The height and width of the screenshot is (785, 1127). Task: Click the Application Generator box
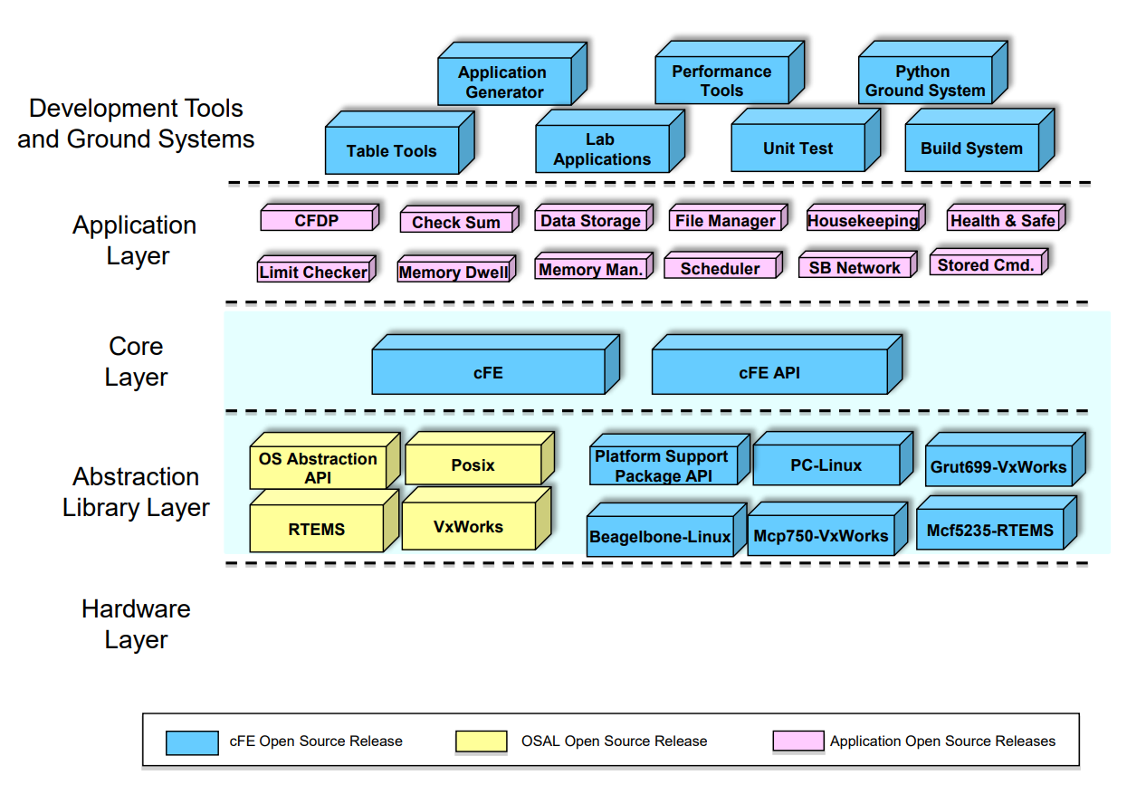(x=503, y=82)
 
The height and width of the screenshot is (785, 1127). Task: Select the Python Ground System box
(x=924, y=81)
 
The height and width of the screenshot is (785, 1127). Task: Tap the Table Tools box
(x=391, y=151)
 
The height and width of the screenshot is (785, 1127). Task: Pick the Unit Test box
(x=797, y=148)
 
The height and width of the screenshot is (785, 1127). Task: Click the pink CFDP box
(x=316, y=220)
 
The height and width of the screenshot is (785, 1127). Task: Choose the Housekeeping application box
(x=862, y=221)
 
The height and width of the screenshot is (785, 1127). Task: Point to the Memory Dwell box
(x=453, y=272)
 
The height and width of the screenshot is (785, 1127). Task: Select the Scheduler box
(x=720, y=269)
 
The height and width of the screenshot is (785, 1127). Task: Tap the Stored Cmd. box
(x=985, y=265)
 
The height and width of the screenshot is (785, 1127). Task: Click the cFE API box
(x=769, y=372)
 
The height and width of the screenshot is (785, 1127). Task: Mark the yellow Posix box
(x=473, y=465)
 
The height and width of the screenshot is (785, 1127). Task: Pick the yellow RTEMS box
(x=316, y=530)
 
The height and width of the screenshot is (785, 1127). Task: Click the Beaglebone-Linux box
(x=660, y=537)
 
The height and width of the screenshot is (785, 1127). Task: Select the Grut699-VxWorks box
(x=998, y=468)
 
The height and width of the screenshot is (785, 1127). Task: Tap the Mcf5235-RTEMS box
(x=989, y=531)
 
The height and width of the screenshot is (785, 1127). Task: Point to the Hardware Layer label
(x=136, y=624)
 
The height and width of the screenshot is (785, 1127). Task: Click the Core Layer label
(x=136, y=361)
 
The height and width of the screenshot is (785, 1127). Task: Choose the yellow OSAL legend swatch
(x=481, y=742)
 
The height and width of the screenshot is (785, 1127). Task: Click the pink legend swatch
(x=797, y=742)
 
